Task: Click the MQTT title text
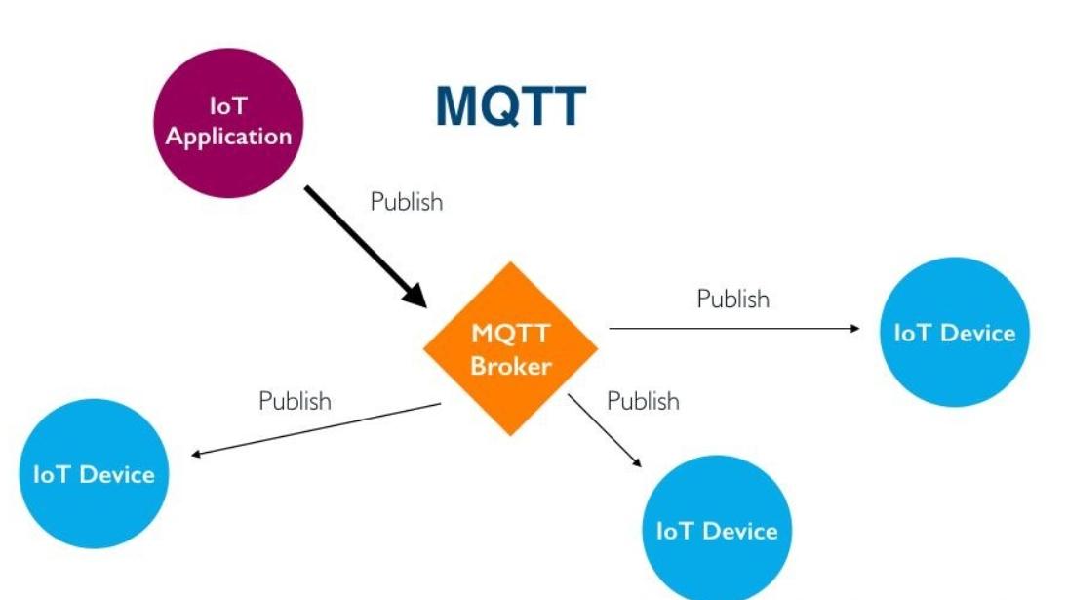[510, 107]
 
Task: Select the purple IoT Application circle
[228, 123]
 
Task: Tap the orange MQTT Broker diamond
[511, 349]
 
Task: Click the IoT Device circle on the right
[954, 333]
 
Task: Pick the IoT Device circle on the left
[94, 474]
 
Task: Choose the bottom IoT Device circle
[717, 530]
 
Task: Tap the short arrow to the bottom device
[605, 430]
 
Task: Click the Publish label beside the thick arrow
[407, 202]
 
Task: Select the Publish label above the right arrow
[733, 299]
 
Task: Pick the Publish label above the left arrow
[295, 401]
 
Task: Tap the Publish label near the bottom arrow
[643, 401]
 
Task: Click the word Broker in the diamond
[511, 367]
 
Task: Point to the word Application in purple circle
[228, 137]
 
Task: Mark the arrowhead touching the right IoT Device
[854, 329]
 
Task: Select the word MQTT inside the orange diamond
[511, 333]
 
